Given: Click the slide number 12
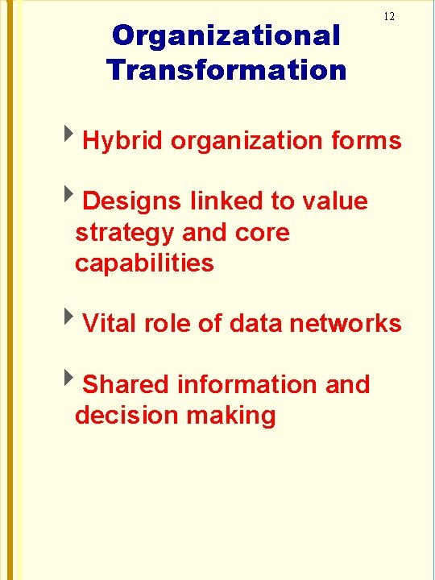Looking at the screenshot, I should [389, 17].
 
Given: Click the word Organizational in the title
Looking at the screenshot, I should [226, 35].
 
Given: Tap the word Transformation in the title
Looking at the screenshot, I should [226, 70].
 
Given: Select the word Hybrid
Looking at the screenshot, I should [123, 141].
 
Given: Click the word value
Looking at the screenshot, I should [334, 201].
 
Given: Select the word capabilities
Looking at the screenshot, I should [144, 263].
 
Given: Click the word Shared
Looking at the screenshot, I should [126, 385].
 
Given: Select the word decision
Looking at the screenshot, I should [126, 416].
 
